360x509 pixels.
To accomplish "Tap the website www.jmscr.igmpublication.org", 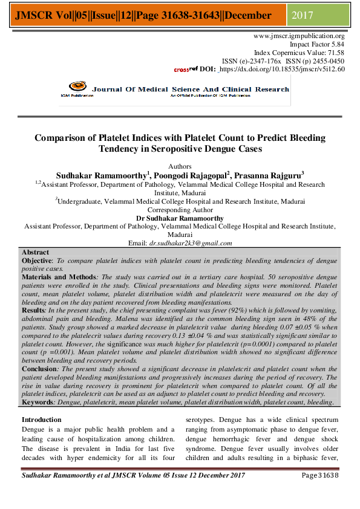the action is [299, 36].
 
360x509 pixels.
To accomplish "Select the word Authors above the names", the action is [179, 166].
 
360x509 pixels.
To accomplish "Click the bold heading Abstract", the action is [35, 251].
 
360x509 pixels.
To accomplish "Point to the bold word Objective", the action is [38, 259].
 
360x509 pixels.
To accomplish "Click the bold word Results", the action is [34, 308].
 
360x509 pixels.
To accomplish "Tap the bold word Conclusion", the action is [39, 368].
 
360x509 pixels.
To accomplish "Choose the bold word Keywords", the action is [39, 402].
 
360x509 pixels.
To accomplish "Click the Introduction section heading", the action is [44, 420].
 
